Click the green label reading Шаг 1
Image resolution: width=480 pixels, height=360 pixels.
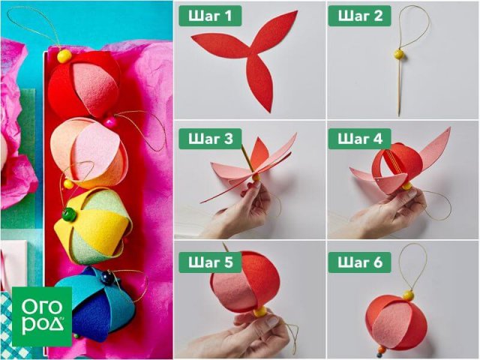coord(210,16)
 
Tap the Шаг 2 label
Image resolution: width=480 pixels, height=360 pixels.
coord(360,16)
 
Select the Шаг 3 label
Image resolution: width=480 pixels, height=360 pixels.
coord(210,139)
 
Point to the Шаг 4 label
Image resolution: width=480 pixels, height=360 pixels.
coord(360,139)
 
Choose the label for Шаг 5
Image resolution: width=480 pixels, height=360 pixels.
coord(210,262)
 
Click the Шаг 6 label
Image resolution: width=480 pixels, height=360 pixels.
coord(360,262)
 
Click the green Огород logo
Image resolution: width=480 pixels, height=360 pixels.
coord(42,316)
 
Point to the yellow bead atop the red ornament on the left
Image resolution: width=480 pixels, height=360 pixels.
coord(64,56)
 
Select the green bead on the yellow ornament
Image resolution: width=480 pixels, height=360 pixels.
coord(69,214)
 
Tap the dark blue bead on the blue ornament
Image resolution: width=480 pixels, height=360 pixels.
coord(106,277)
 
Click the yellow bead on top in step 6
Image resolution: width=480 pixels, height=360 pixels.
coord(408,295)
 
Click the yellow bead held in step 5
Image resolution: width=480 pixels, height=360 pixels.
coord(260,312)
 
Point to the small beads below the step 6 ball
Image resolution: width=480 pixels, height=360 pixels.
coord(380,352)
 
